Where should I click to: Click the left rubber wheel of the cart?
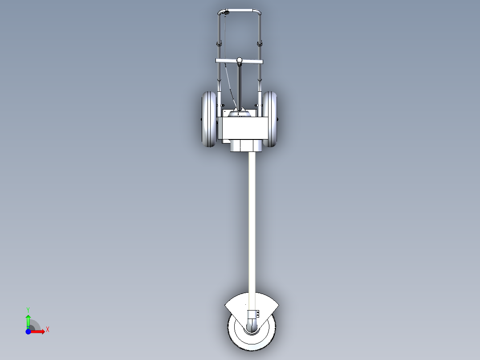click(x=208, y=119)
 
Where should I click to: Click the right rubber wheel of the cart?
click(x=270, y=119)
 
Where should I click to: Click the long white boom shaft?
click(x=252, y=227)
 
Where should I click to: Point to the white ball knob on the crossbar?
click(x=240, y=60)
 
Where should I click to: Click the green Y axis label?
click(x=28, y=310)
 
